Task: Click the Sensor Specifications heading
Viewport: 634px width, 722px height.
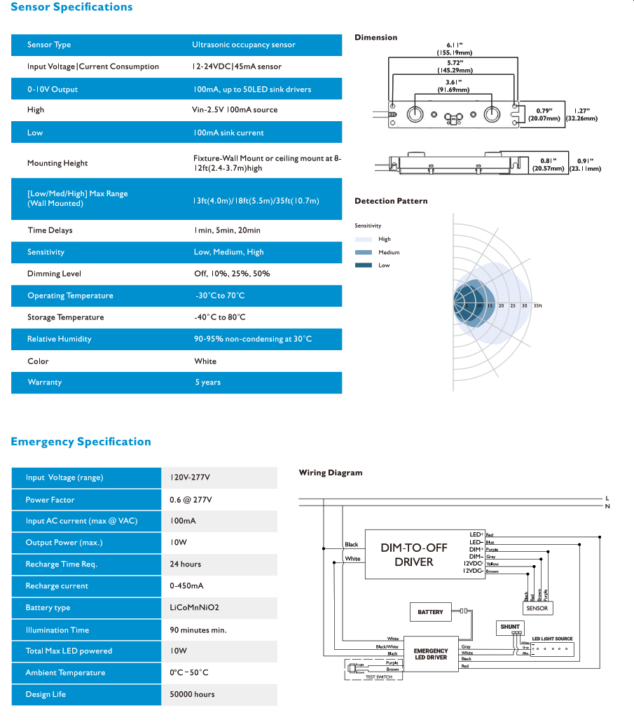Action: click(x=71, y=7)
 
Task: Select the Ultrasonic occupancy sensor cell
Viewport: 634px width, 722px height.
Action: click(x=244, y=45)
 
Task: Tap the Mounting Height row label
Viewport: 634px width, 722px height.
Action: click(x=57, y=163)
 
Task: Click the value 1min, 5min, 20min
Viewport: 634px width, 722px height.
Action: click(x=228, y=230)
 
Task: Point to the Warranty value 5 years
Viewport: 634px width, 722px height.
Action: click(x=208, y=382)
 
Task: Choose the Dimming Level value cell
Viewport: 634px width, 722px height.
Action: click(x=232, y=274)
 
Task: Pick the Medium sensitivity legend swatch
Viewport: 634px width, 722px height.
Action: click(x=363, y=252)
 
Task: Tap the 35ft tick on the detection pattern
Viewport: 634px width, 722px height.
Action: click(x=537, y=306)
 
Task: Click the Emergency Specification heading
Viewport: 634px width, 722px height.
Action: click(x=81, y=442)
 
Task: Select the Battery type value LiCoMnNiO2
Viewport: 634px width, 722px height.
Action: click(x=199, y=608)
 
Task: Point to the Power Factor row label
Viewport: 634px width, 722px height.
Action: click(x=50, y=500)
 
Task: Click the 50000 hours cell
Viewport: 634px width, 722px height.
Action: click(x=192, y=694)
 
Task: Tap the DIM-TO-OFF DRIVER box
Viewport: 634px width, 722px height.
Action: click(x=414, y=555)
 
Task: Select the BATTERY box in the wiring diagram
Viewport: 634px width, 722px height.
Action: click(x=430, y=612)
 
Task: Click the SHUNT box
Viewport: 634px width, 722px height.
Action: click(x=510, y=626)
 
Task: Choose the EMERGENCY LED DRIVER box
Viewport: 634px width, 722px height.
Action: click(x=430, y=654)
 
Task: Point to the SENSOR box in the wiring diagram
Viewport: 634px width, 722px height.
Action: click(x=537, y=609)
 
